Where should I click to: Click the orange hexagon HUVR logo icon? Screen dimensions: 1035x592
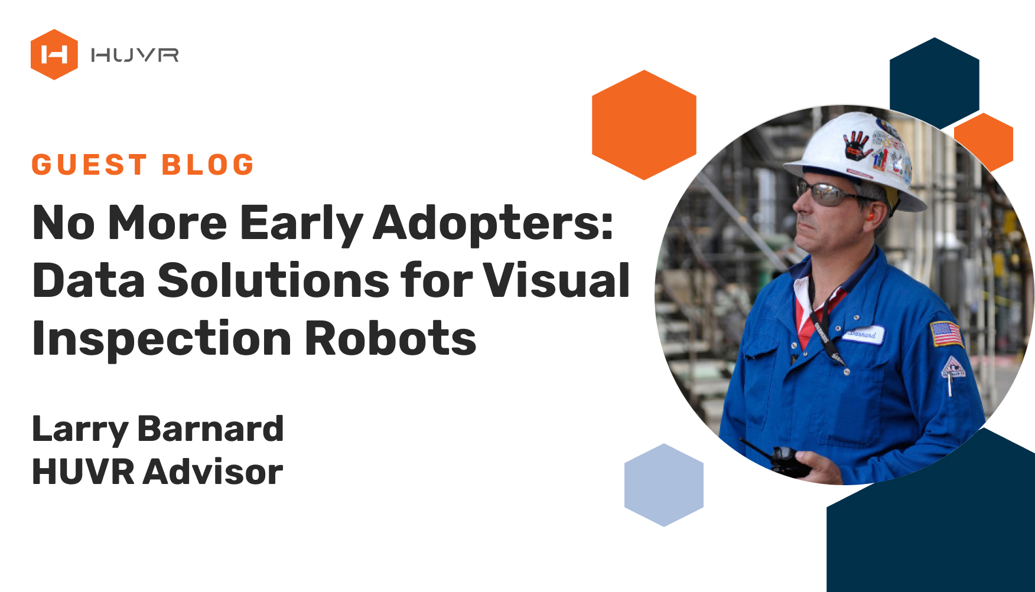pyautogui.click(x=54, y=54)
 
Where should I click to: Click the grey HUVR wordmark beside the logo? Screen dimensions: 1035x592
pyautogui.click(x=135, y=55)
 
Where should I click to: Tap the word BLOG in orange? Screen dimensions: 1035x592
pyautogui.click(x=208, y=165)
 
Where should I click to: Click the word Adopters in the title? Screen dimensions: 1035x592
pyautogui.click(x=494, y=223)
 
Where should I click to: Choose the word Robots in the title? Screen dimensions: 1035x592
pyautogui.click(x=390, y=338)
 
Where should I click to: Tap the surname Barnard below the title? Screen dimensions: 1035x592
pyautogui.click(x=210, y=429)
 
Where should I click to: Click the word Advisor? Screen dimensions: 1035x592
pyautogui.click(x=213, y=472)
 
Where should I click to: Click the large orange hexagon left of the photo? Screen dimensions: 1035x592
pyautogui.click(x=644, y=125)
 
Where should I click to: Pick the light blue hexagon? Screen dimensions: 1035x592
pyautogui.click(x=664, y=485)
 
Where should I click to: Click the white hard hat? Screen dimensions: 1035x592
pyautogui.click(x=857, y=159)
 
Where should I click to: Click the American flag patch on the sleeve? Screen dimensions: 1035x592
pyautogui.click(x=946, y=333)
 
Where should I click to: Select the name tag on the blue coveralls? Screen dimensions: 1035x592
pyautogui.click(x=864, y=334)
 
